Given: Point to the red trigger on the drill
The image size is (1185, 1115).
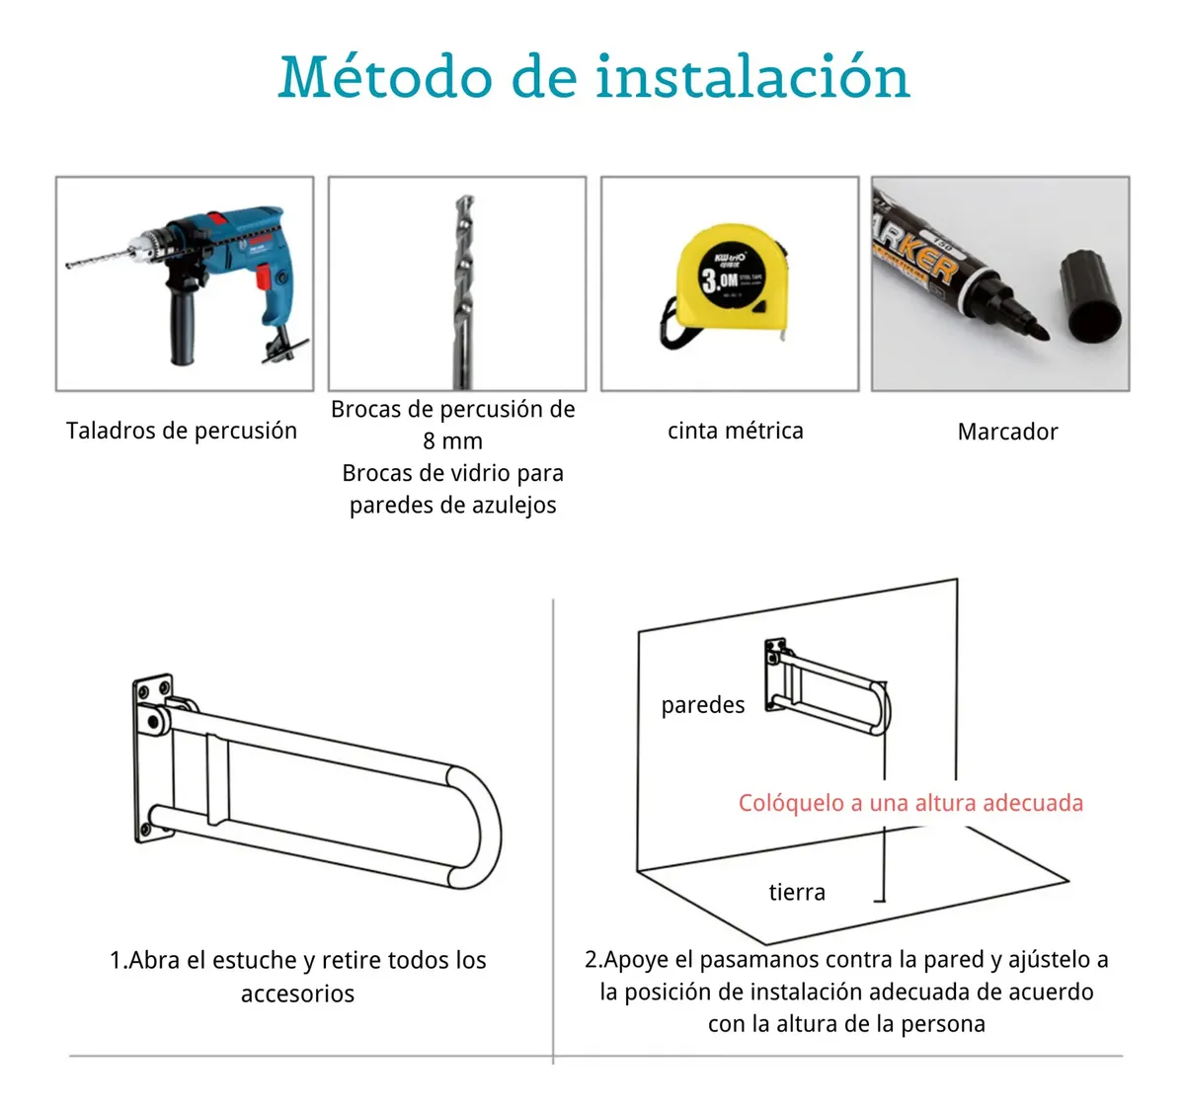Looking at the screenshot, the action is tap(263, 278).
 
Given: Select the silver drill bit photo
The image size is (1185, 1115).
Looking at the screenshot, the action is tap(463, 291).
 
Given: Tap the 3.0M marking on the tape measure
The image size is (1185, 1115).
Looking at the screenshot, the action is tap(720, 279).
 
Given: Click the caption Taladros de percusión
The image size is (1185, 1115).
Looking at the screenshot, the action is tap(182, 431).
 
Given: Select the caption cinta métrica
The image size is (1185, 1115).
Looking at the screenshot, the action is tap(735, 431).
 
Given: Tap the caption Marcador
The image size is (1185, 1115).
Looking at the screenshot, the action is tap(1007, 432).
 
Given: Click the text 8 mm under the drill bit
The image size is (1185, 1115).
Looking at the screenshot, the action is tap(452, 441).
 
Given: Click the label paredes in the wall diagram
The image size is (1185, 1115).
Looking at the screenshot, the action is tap(703, 705).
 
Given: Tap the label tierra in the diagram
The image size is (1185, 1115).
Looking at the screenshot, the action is tap(797, 892).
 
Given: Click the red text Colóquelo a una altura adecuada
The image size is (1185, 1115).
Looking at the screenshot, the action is tap(910, 803).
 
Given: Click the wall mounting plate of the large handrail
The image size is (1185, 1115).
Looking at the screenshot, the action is tap(153, 758).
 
